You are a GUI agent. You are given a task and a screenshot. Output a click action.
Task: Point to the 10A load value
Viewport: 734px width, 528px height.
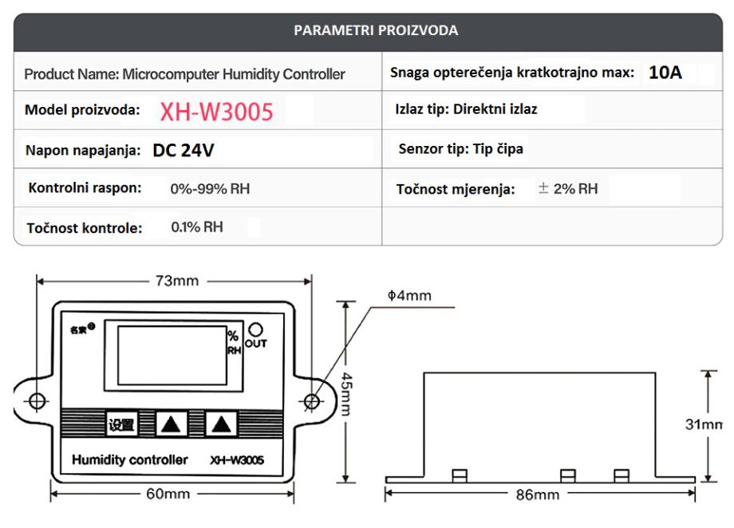pyautogui.click(x=665, y=73)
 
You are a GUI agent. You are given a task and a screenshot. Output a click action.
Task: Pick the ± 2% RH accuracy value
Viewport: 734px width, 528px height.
pyautogui.click(x=567, y=189)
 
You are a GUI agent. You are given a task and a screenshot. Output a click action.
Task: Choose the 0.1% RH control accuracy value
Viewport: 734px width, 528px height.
pyautogui.click(x=197, y=227)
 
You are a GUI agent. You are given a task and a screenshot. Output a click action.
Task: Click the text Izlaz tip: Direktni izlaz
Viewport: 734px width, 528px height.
pyautogui.click(x=466, y=109)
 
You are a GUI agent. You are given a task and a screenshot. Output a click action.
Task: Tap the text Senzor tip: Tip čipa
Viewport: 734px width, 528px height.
pyautogui.click(x=461, y=149)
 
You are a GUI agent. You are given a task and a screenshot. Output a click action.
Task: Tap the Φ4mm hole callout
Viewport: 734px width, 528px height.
pyautogui.click(x=415, y=297)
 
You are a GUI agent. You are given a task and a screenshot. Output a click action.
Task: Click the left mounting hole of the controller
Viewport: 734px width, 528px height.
pyautogui.click(x=37, y=402)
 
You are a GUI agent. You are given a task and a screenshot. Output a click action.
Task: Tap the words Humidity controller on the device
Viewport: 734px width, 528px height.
pyautogui.click(x=130, y=460)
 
